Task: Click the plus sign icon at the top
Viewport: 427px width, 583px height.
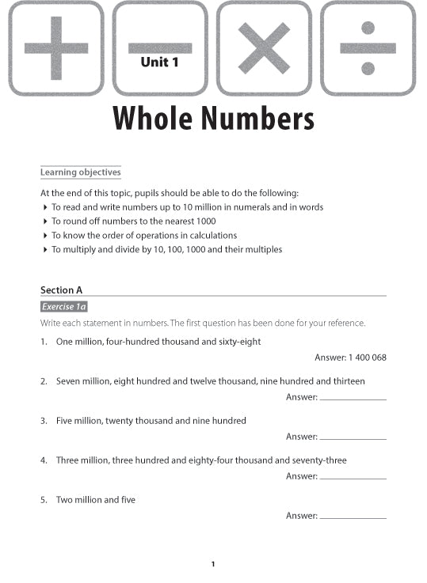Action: click(x=55, y=47)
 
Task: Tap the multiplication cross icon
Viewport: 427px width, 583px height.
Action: click(x=263, y=47)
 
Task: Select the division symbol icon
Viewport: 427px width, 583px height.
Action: click(x=368, y=47)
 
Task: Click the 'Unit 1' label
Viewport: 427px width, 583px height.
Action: click(x=159, y=62)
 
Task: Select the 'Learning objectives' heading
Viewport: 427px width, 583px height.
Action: click(x=81, y=172)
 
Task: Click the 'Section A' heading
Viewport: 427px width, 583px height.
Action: click(x=62, y=290)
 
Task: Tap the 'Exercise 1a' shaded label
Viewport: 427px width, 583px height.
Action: click(x=64, y=307)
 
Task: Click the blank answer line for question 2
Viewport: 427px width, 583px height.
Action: click(x=353, y=399)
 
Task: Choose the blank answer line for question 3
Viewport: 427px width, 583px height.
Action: click(x=353, y=438)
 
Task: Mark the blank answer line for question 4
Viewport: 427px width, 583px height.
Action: click(x=353, y=478)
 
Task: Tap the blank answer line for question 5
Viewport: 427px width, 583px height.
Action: click(x=353, y=517)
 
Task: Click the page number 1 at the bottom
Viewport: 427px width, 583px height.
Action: click(x=213, y=564)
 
